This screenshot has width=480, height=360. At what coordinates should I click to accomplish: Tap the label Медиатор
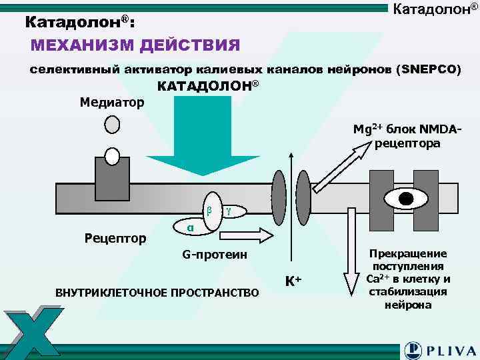click(111, 103)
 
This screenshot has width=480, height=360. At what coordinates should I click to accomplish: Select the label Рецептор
click(116, 238)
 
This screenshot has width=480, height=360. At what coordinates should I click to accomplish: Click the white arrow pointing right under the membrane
click(246, 235)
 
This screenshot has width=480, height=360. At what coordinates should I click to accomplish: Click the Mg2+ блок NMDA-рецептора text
click(398, 137)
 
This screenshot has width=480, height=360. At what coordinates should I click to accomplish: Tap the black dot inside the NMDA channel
click(406, 198)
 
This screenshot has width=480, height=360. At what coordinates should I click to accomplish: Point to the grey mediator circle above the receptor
click(112, 125)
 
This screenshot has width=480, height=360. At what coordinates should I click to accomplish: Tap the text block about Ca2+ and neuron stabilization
click(408, 279)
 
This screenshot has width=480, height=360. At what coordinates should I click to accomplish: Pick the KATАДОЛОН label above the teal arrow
click(207, 87)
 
